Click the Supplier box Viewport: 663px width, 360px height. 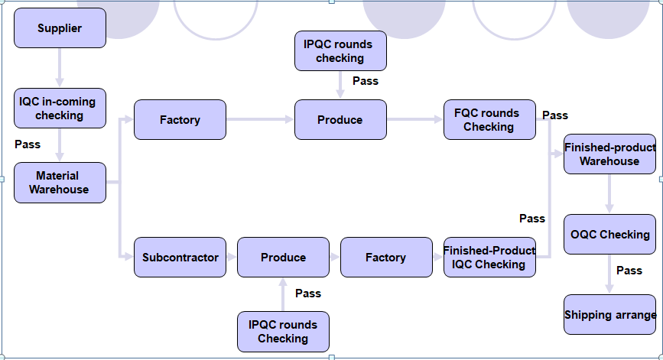(60, 28)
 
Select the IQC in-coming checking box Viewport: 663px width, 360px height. (60, 109)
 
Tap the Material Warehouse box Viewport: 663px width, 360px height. (60, 183)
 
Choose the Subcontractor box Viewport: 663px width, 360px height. (180, 258)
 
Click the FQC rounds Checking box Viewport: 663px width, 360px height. (489, 120)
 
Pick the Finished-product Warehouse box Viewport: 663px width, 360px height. (609, 154)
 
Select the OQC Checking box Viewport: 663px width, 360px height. (609, 235)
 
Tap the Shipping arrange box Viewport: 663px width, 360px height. (609, 315)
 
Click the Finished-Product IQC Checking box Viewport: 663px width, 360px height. (489, 258)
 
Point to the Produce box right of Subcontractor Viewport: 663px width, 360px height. (283, 258)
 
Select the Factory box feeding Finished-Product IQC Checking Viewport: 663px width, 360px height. (385, 258)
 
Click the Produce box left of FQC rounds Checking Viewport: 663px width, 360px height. (340, 120)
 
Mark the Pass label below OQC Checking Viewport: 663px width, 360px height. (629, 271)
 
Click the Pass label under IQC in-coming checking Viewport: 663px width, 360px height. (28, 144)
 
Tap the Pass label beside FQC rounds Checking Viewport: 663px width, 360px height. (555, 115)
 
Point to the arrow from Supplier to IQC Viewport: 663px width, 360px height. (60, 68)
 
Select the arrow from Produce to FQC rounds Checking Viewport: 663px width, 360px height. (414, 120)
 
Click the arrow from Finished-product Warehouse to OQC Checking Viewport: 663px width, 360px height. (609, 194)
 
